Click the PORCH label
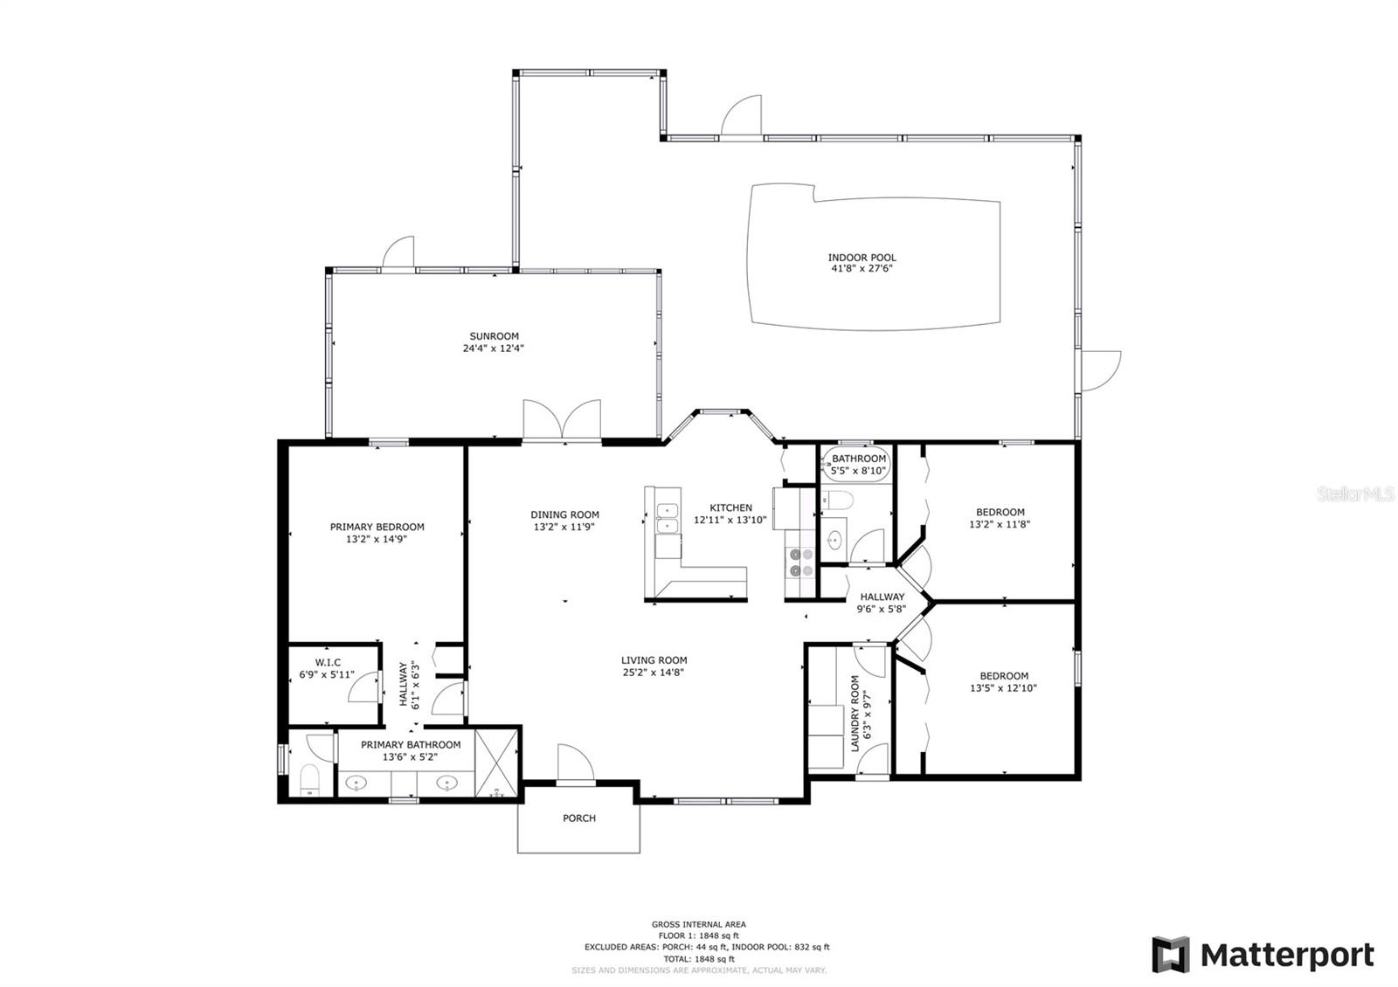[x=578, y=818]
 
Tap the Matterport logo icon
[x=1170, y=954]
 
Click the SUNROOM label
[x=494, y=336]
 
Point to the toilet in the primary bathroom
[x=309, y=780]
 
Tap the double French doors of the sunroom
[x=562, y=421]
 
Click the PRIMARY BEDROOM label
[x=377, y=527]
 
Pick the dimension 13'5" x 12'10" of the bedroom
[x=1003, y=688]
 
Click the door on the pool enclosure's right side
[x=1101, y=370]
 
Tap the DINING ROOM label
[x=564, y=514]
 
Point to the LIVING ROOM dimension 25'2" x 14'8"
[x=654, y=673]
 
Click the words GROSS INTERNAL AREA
[x=698, y=924]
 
